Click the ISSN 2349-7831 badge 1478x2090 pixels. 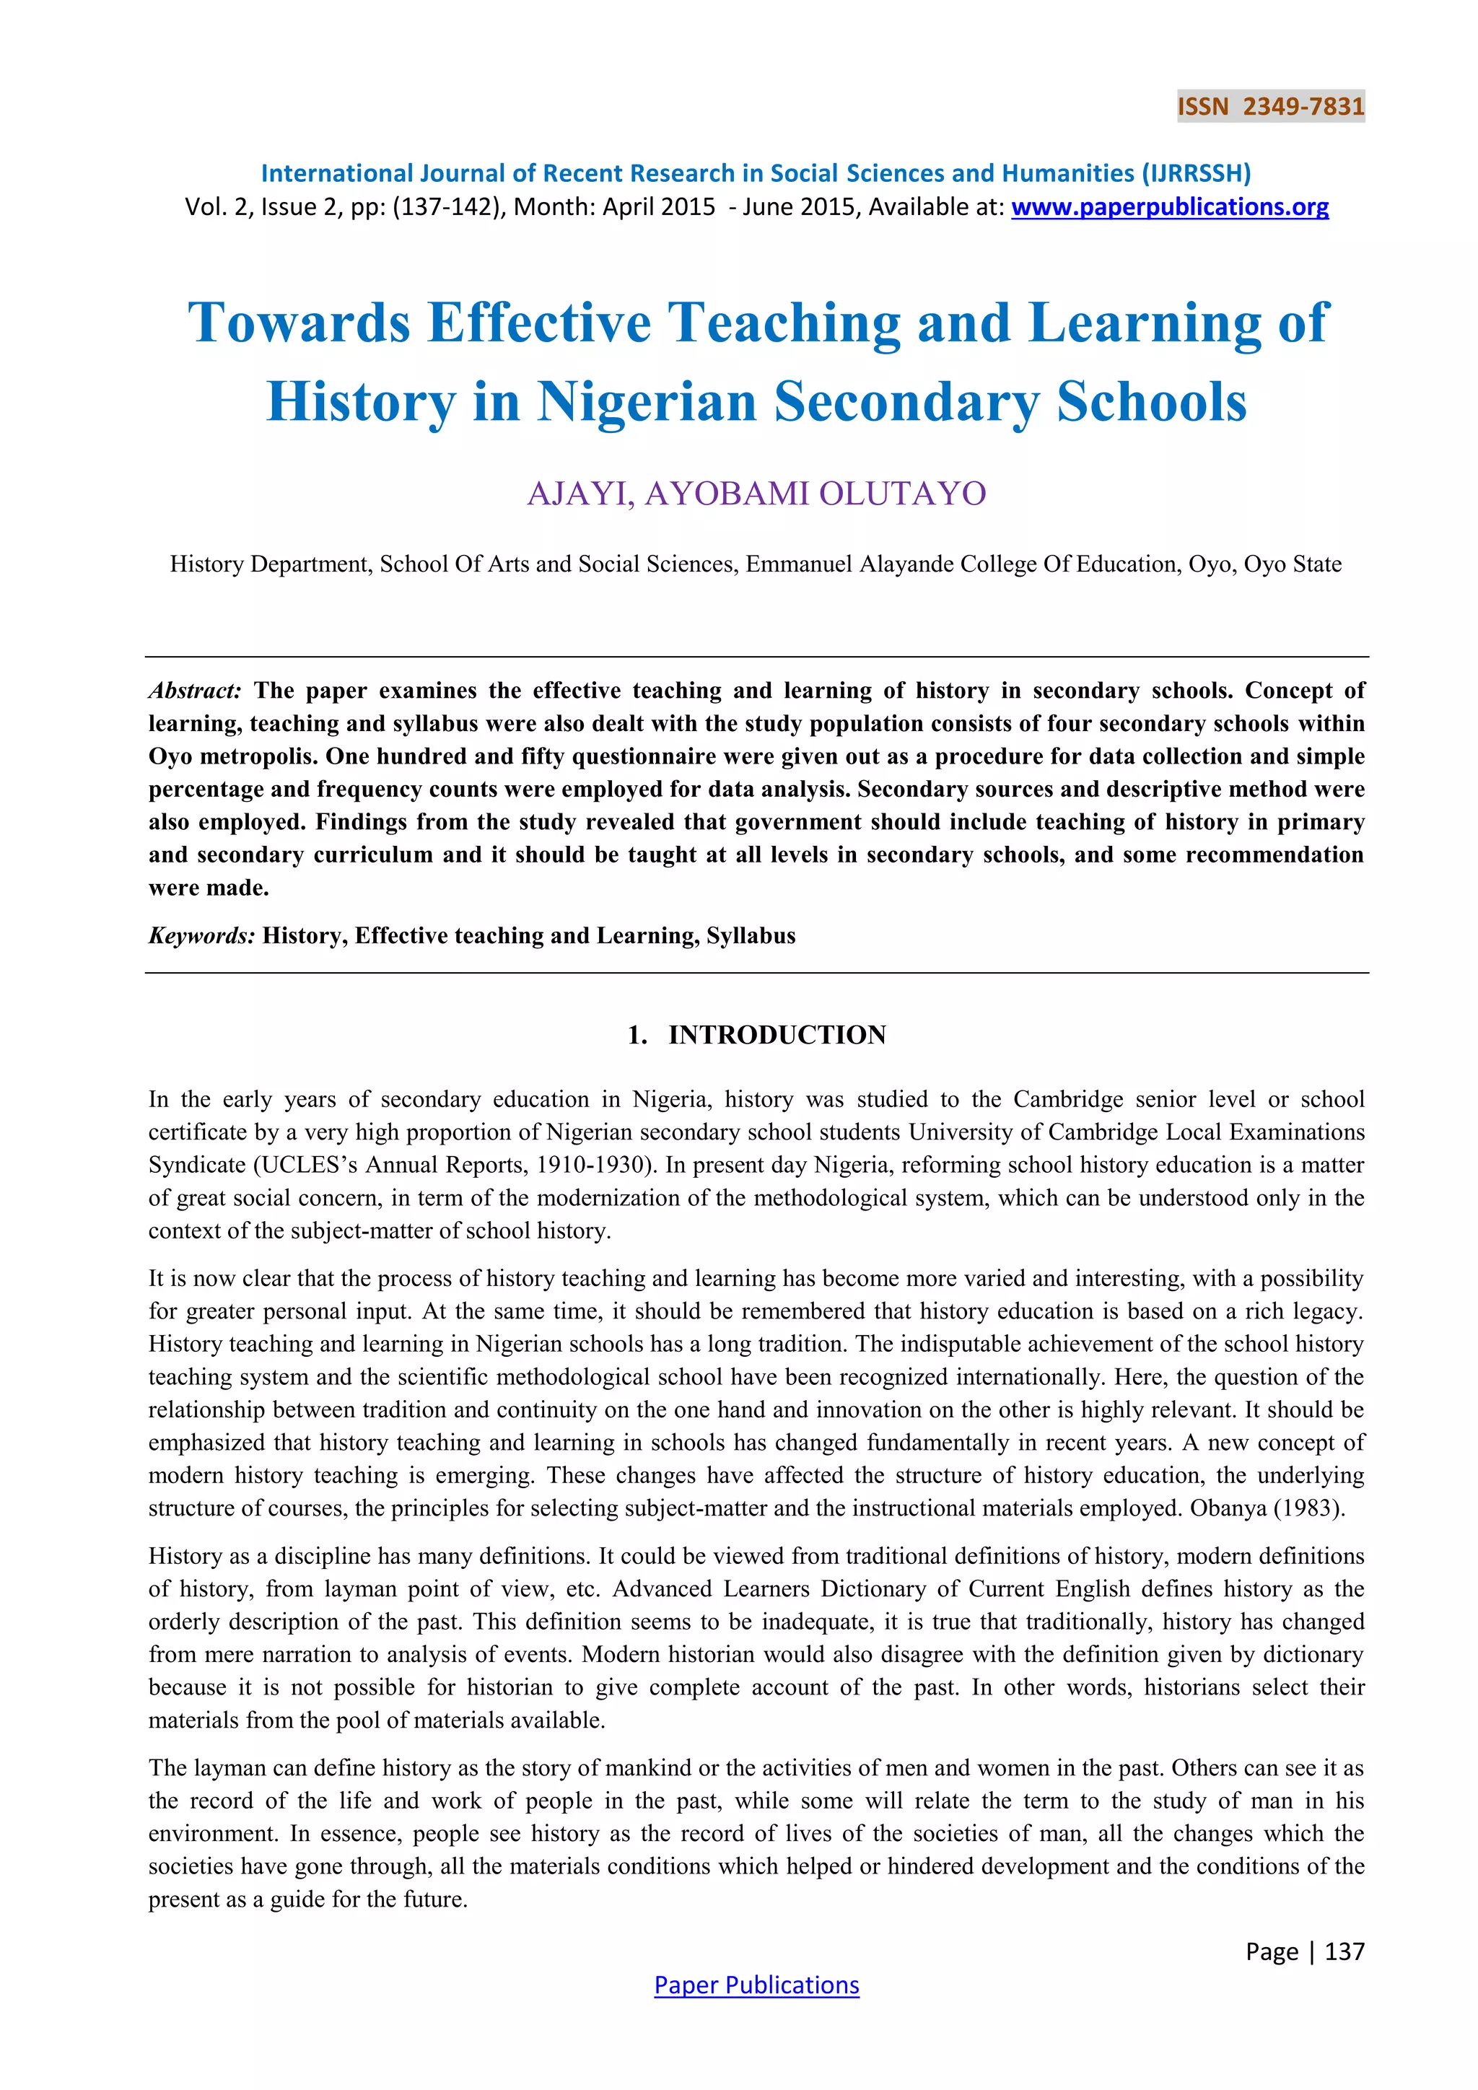click(x=1270, y=107)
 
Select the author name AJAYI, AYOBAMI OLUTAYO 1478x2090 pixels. click(x=756, y=494)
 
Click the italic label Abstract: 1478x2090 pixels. click(x=195, y=690)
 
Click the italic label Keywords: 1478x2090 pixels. click(x=201, y=936)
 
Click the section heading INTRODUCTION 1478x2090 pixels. click(x=777, y=1035)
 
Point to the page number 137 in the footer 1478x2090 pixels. click(x=1344, y=1951)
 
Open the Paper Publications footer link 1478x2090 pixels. click(x=756, y=1985)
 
